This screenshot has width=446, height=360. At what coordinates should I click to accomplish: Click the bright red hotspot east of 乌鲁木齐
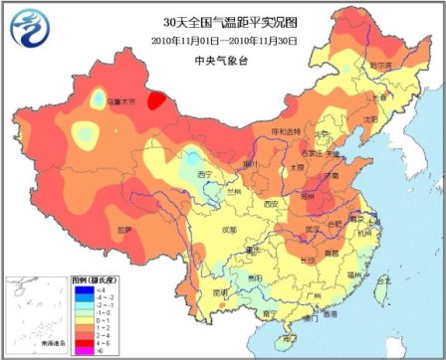pyautogui.click(x=156, y=99)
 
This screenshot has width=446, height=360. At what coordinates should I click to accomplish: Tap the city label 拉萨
pyautogui.click(x=122, y=230)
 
